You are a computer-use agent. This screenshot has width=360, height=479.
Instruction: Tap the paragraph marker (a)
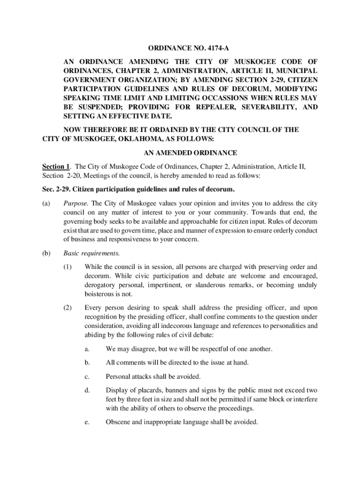(x=47, y=203)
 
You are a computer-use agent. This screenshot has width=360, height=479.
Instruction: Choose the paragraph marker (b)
(x=47, y=254)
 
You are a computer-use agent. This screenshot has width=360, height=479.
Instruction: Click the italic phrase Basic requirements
(x=92, y=254)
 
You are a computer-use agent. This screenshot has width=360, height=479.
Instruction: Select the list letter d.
(x=87, y=390)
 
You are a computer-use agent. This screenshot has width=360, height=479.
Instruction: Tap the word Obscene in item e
(x=118, y=422)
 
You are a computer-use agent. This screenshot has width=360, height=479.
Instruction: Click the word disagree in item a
(x=140, y=349)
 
